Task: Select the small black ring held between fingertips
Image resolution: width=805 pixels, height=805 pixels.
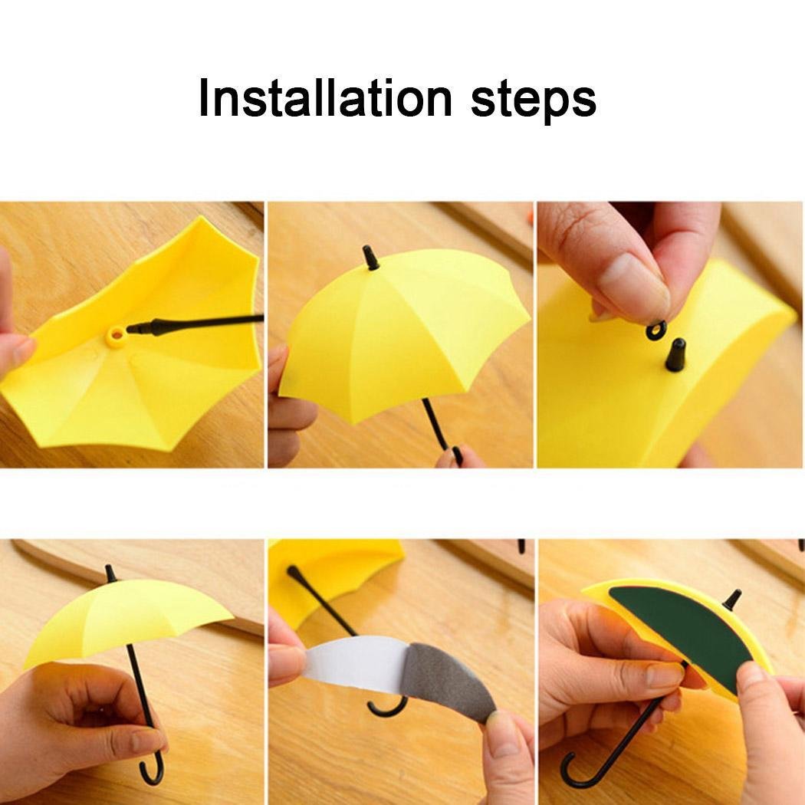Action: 656,330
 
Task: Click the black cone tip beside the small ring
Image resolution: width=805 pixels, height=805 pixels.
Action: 675,355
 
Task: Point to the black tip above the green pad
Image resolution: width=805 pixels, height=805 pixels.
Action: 733,599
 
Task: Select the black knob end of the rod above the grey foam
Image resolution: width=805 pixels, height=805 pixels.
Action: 292,570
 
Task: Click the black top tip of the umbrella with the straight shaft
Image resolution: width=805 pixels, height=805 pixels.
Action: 371,258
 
